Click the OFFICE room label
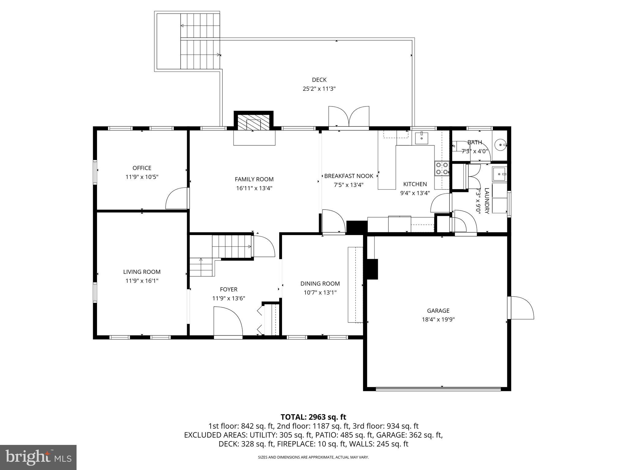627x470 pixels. pyautogui.click(x=142, y=168)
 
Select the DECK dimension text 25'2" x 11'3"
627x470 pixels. pyautogui.click(x=319, y=89)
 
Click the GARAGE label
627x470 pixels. pyautogui.click(x=438, y=311)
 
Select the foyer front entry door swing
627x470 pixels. pyautogui.click(x=228, y=322)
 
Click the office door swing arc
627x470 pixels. pyautogui.click(x=177, y=199)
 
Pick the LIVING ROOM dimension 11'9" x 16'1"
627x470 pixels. pyautogui.click(x=142, y=281)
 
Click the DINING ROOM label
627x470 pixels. pyautogui.click(x=320, y=284)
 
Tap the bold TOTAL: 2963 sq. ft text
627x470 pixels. pyautogui.click(x=313, y=417)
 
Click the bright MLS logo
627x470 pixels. pyautogui.click(x=38, y=457)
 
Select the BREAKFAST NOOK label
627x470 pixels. pyautogui.click(x=349, y=176)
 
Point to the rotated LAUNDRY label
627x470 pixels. pyautogui.click(x=487, y=200)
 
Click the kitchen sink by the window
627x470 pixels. pyautogui.click(x=422, y=138)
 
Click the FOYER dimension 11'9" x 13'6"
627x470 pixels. pyautogui.click(x=229, y=298)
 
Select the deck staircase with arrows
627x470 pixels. pyautogui.click(x=200, y=41)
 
